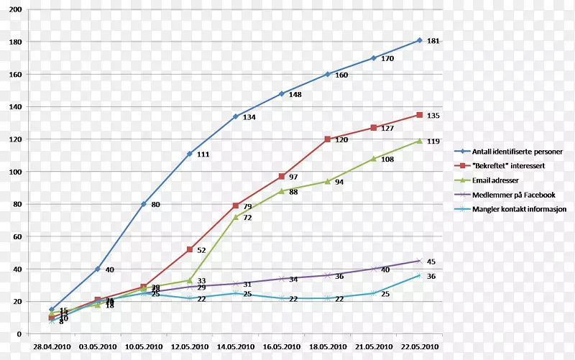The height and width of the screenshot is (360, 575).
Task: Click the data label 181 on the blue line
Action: click(x=433, y=41)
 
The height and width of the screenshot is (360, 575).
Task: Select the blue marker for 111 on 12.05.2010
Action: click(x=190, y=154)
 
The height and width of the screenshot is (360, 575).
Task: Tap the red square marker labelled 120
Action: click(x=328, y=139)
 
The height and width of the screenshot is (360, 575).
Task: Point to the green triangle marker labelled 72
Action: click(x=236, y=216)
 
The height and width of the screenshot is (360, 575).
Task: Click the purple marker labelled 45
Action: click(x=420, y=261)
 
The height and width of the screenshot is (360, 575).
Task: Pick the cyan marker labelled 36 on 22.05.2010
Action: click(x=420, y=275)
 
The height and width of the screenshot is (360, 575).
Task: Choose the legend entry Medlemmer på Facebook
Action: click(x=513, y=195)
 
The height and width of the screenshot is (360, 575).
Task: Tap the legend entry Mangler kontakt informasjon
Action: click(x=519, y=210)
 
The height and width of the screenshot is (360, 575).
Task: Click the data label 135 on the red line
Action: click(x=433, y=115)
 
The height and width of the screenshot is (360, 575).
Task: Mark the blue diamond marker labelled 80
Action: click(x=144, y=204)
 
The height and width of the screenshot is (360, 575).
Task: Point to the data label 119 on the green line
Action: click(x=433, y=142)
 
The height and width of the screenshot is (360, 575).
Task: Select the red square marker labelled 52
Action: click(x=190, y=249)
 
